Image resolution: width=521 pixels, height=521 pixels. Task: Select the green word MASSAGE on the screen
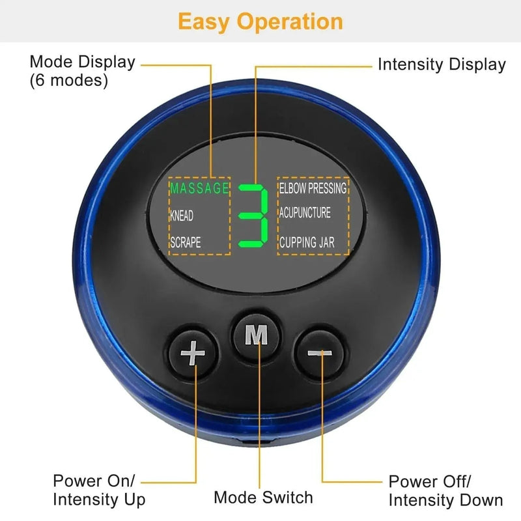coord(200,189)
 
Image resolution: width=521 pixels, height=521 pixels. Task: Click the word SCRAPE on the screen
coord(186,242)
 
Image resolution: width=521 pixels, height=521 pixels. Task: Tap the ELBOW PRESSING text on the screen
coord(313,188)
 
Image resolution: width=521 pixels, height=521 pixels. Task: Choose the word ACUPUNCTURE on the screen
coord(305,214)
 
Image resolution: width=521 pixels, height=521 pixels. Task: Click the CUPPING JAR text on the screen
coord(307,242)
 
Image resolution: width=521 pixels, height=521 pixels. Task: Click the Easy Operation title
coord(260,21)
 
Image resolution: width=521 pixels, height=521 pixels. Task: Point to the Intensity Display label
coord(442,64)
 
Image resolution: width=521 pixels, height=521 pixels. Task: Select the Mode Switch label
coord(263,498)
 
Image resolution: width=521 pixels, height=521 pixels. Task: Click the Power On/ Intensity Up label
coord(100,490)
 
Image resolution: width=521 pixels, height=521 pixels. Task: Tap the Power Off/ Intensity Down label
coord(445,490)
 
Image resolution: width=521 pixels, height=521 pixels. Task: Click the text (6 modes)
coord(69,81)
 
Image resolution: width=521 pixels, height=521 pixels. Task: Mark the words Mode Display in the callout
coord(82,63)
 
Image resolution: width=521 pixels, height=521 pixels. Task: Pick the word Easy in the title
coord(204,21)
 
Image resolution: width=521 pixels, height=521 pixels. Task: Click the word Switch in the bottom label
coord(288,498)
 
